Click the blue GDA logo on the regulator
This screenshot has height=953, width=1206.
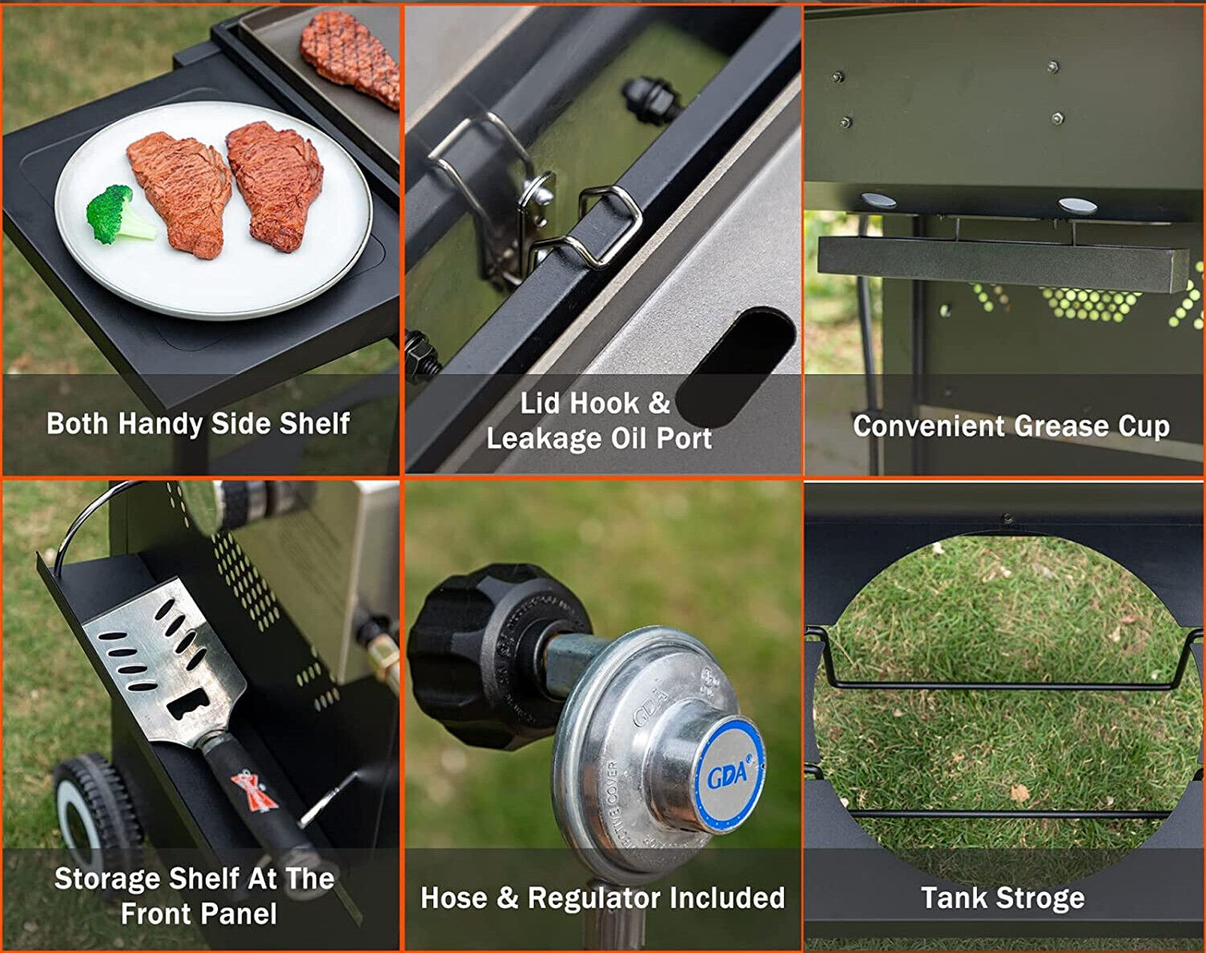(x=728, y=773)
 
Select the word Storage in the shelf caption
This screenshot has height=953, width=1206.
(x=109, y=878)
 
